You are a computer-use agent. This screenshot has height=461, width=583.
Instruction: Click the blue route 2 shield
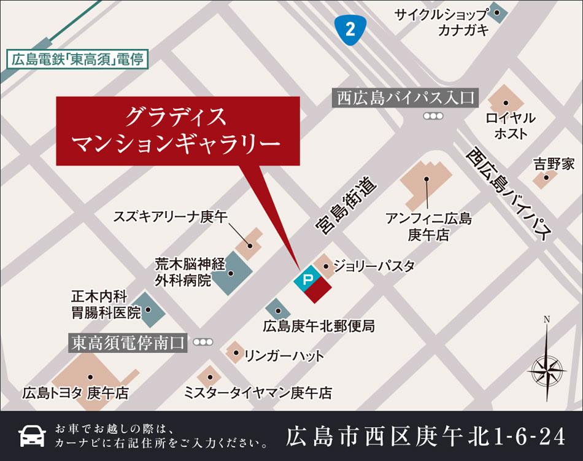click(350, 29)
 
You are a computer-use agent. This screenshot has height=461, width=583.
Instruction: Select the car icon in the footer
click(32, 435)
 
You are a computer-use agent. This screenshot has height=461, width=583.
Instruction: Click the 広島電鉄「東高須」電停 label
click(77, 60)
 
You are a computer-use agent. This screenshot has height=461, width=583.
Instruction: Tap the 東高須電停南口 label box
click(128, 342)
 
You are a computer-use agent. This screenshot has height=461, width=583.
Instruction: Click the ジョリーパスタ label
click(374, 266)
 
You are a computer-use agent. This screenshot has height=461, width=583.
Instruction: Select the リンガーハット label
click(284, 355)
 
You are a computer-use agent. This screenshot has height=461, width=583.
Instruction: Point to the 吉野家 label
click(554, 164)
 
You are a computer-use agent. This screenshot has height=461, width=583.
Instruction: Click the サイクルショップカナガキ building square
click(496, 12)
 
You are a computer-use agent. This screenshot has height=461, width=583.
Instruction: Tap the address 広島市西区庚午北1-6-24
click(425, 436)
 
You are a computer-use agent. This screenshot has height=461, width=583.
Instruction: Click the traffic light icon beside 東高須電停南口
click(202, 342)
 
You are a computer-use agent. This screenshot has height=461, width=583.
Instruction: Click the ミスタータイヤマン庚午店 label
click(258, 392)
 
